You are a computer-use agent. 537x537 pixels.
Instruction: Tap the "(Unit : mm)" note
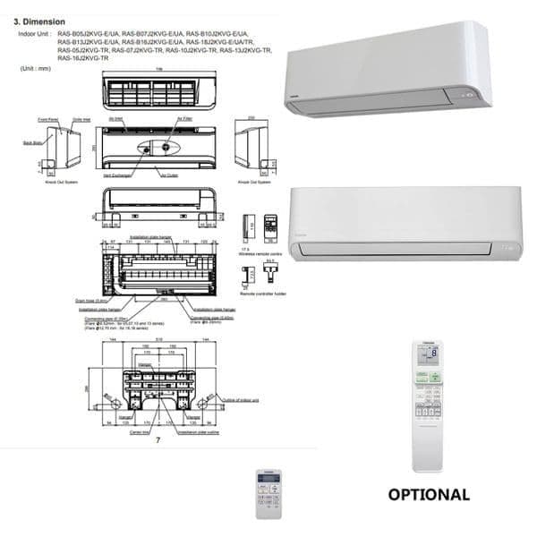(x=34, y=68)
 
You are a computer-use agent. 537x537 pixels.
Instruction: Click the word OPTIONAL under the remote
(x=429, y=494)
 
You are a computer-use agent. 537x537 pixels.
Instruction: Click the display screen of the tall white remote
(x=428, y=354)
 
